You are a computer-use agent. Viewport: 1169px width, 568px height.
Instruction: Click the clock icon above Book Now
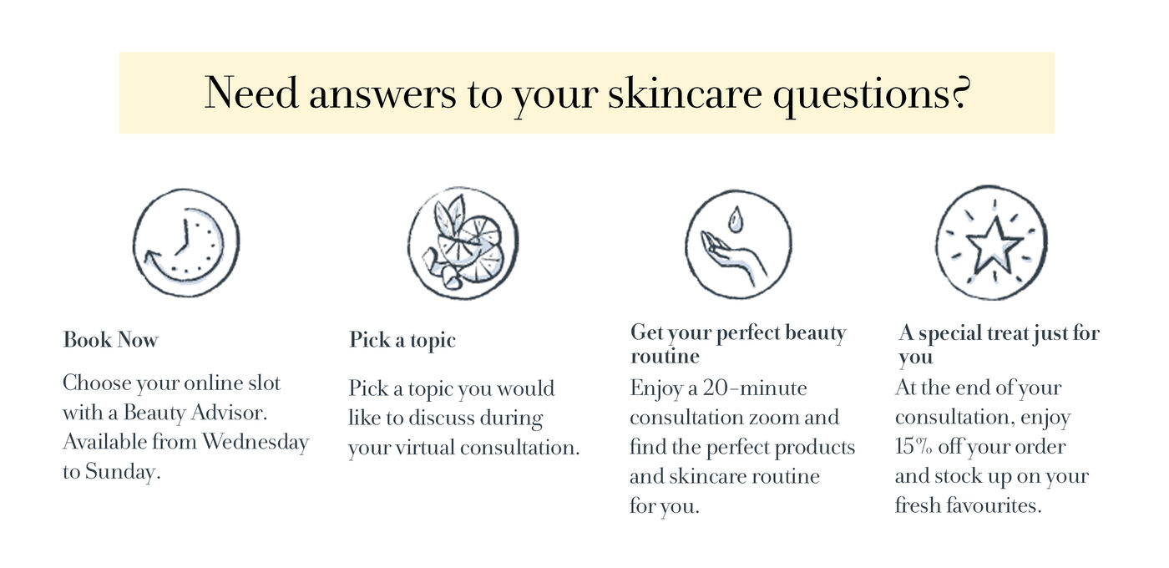(x=185, y=243)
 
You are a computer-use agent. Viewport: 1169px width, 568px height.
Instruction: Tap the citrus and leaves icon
(x=463, y=243)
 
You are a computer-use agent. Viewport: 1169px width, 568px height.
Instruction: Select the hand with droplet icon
(x=738, y=244)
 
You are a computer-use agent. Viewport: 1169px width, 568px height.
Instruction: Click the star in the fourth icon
(x=994, y=246)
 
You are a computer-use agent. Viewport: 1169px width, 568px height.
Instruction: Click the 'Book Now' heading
(x=110, y=340)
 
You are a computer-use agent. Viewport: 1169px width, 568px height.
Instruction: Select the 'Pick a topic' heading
(x=402, y=341)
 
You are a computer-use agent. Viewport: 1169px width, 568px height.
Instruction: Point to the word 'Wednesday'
(x=256, y=442)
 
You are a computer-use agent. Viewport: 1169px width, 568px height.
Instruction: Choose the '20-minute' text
(x=755, y=388)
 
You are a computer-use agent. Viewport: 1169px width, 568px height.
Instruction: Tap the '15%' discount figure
(x=913, y=446)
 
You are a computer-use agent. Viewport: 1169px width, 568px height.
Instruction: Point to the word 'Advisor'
(x=229, y=413)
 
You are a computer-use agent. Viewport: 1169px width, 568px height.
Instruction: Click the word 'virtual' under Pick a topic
(x=425, y=448)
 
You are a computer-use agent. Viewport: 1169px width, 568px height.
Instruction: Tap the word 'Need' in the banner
(x=251, y=93)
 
